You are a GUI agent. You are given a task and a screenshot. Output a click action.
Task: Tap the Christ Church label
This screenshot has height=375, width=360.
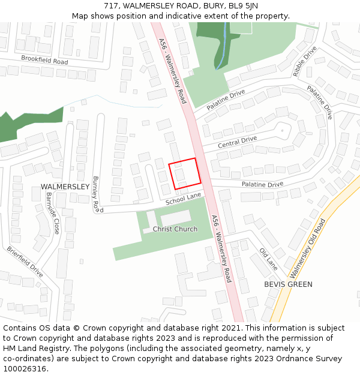(x=175, y=229)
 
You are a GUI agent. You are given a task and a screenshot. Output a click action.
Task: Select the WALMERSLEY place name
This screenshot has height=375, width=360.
(x=65, y=187)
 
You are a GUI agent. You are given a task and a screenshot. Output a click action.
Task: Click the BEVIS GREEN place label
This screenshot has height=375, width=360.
(x=288, y=284)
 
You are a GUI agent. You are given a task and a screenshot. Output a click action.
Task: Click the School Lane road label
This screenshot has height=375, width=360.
(x=184, y=199)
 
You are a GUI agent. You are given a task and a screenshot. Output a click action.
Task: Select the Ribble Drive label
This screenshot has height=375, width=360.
(x=304, y=62)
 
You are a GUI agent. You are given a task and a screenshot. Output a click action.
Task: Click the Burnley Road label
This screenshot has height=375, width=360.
(x=95, y=194)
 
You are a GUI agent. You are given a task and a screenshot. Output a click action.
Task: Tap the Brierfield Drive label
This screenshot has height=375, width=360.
(x=25, y=262)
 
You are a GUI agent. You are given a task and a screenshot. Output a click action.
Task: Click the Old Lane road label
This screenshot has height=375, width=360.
(x=268, y=259)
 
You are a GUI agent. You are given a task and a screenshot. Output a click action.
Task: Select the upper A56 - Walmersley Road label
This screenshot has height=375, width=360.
(x=173, y=71)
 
